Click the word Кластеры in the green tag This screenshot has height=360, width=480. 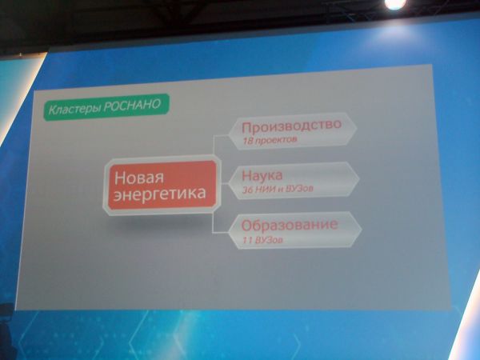[x=74, y=109]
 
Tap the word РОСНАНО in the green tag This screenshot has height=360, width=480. [x=132, y=105]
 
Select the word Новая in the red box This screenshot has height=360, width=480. [x=139, y=178]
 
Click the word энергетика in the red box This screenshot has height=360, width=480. [x=159, y=194]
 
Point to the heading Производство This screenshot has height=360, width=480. [x=291, y=126]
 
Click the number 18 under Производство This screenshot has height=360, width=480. [x=247, y=141]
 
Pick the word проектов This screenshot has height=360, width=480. [x=275, y=141]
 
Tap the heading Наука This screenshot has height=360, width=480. [x=262, y=176]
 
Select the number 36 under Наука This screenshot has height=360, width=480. [x=248, y=190]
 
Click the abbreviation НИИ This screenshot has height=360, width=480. [x=266, y=190]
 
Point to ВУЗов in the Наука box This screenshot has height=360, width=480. [x=298, y=189]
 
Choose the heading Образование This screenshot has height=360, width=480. [x=290, y=225]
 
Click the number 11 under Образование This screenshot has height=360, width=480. [x=247, y=240]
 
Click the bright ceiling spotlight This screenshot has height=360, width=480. [x=395, y=4]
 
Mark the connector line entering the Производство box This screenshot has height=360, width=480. [x=222, y=135]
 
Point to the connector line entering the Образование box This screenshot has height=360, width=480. [x=221, y=233]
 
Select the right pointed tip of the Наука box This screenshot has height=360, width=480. [x=359, y=179]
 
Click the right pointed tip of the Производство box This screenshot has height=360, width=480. [x=357, y=128]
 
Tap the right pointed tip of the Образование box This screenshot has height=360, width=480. [x=362, y=229]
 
